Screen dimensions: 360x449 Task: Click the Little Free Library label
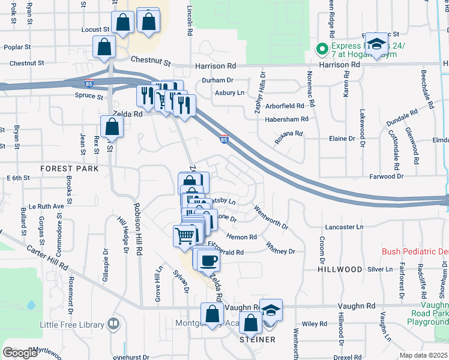click(69, 325)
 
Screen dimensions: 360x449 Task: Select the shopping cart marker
click(185, 235)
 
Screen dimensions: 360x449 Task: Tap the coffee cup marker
click(208, 260)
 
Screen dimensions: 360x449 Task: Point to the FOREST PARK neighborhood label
click(70, 169)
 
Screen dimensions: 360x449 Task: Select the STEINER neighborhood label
click(258, 340)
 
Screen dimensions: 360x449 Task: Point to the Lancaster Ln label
click(344, 227)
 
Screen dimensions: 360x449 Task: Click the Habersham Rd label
click(286, 119)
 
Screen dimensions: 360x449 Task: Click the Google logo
click(20, 353)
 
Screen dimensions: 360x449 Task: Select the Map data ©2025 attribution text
click(423, 355)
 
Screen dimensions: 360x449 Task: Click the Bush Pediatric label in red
click(415, 251)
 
